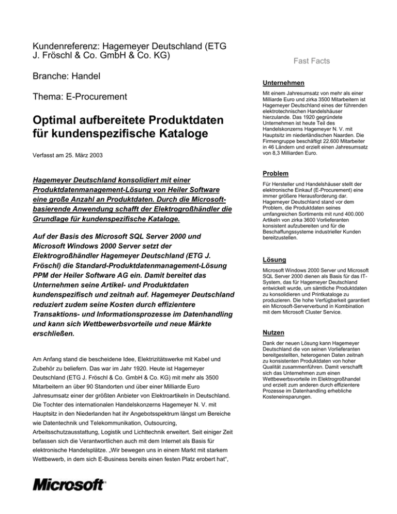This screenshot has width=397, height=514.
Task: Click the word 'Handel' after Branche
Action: click(85, 76)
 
